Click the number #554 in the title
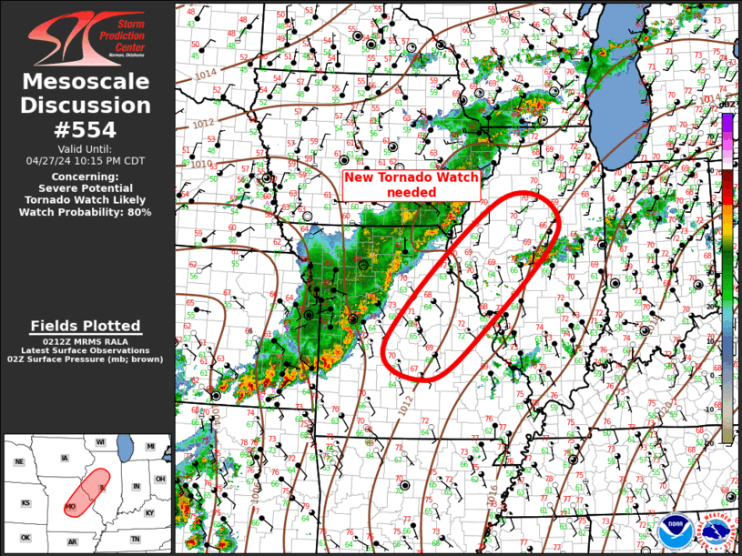[86, 129]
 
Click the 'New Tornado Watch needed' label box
[412, 185]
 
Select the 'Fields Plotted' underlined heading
[86, 326]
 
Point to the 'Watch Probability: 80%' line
[86, 212]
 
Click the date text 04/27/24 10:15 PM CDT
[86, 160]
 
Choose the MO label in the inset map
[70, 506]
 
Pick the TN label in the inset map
[135, 539]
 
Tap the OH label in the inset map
[160, 479]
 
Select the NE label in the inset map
[19, 461]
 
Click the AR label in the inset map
[72, 542]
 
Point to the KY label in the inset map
[149, 512]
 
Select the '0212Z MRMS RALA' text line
[86, 341]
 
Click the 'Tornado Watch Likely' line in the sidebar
[86, 199]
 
